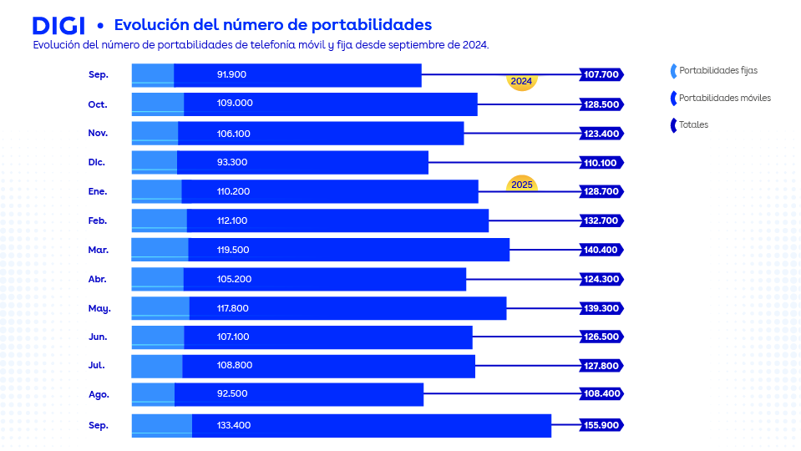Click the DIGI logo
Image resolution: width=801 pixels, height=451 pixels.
pyautogui.click(x=58, y=25)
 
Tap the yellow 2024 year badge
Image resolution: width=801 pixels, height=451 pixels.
pyautogui.click(x=521, y=82)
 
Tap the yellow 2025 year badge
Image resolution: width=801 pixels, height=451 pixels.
pyautogui.click(x=522, y=184)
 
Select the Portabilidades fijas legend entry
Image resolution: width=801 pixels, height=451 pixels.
pyautogui.click(x=717, y=71)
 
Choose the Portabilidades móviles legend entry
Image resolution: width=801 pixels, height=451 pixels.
pyautogui.click(x=724, y=98)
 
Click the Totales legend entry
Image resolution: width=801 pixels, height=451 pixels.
pyautogui.click(x=693, y=124)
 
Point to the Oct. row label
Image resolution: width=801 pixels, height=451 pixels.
pyautogui.click(x=98, y=104)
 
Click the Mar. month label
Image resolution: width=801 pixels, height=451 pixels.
pyautogui.click(x=98, y=250)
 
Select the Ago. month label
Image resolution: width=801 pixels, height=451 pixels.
pyautogui.click(x=98, y=393)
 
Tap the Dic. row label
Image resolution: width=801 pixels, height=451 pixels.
pyautogui.click(x=98, y=162)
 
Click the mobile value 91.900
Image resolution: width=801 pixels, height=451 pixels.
pyautogui.click(x=231, y=74)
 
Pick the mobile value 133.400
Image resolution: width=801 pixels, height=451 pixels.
pyautogui.click(x=233, y=425)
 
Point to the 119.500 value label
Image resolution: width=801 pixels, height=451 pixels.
pyautogui.click(x=233, y=250)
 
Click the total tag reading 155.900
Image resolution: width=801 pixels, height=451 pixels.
pyautogui.click(x=601, y=425)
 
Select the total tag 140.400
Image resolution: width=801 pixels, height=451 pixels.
pyautogui.click(x=601, y=250)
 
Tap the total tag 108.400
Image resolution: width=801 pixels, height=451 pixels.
pyautogui.click(x=601, y=393)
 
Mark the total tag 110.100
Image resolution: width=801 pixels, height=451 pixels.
pyautogui.click(x=601, y=162)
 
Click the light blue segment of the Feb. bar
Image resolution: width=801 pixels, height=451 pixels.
pyautogui.click(x=159, y=220)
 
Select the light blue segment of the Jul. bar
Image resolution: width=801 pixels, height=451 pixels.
pyautogui.click(x=156, y=366)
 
